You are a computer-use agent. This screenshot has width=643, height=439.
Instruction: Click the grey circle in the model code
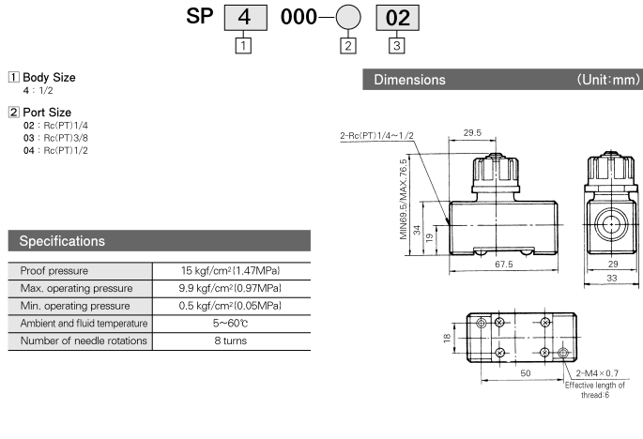pyautogui.click(x=348, y=17)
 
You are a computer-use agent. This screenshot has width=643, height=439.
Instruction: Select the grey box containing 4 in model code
pyautogui.click(x=246, y=18)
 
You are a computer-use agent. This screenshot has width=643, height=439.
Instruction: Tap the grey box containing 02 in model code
pyautogui.click(x=397, y=18)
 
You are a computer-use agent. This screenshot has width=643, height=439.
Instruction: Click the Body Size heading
pyautogui.click(x=49, y=77)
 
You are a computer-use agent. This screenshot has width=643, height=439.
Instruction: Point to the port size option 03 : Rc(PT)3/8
pyautogui.click(x=55, y=138)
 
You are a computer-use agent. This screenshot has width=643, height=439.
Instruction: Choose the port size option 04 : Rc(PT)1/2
pyautogui.click(x=55, y=150)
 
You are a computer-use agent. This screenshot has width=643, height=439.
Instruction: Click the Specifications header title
pyautogui.click(x=62, y=241)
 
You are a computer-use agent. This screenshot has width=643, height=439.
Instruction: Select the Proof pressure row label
pyautogui.click(x=54, y=271)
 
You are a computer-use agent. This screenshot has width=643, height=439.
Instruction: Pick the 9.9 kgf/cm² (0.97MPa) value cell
pyautogui.click(x=230, y=288)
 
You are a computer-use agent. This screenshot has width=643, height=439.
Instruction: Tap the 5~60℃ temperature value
pyautogui.click(x=231, y=324)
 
